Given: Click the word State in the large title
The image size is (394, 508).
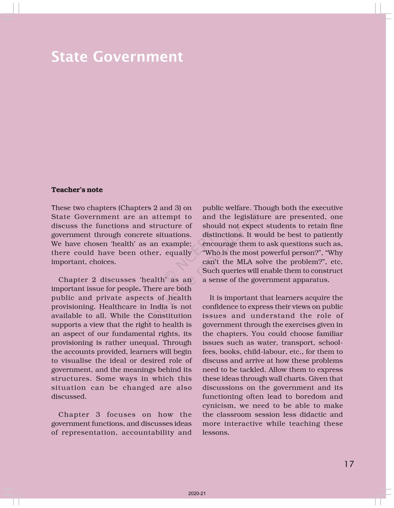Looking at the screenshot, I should [69, 57].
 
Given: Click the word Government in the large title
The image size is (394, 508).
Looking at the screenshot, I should [138, 57].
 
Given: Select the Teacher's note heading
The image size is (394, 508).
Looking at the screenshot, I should [77, 190].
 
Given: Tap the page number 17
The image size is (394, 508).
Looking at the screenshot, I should [349, 464].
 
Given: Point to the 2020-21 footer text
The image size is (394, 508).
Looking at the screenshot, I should [197, 494].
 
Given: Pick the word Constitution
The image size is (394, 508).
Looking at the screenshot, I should [170, 316].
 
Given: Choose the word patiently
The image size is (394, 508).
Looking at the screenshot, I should [328, 235].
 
